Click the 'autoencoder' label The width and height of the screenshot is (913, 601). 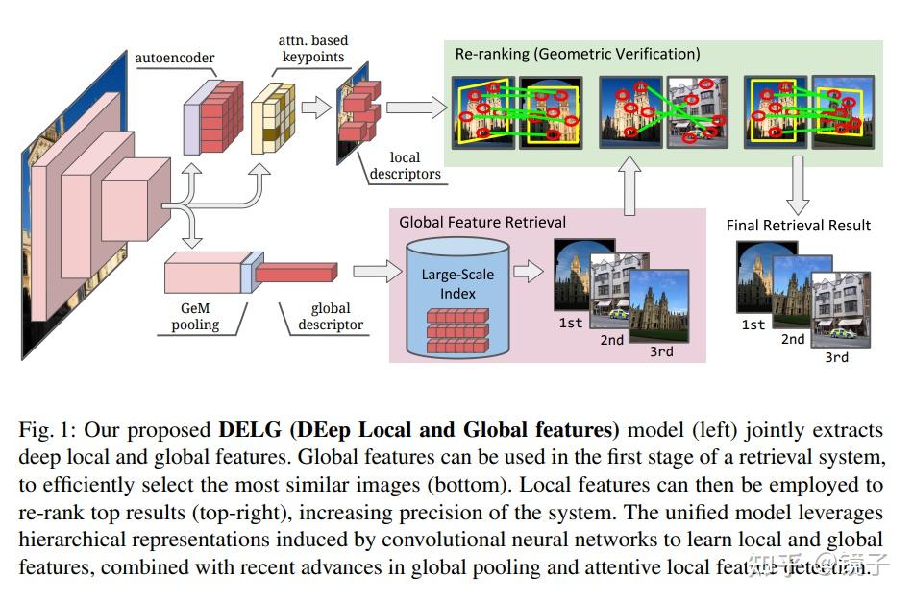[174, 58]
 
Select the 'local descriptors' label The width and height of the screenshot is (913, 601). [404, 165]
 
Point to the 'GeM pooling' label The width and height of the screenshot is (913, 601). [195, 316]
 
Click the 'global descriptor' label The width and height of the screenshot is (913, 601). [330, 316]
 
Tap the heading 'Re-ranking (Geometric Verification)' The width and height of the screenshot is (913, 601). [577, 54]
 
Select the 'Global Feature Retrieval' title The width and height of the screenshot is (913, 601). [482, 222]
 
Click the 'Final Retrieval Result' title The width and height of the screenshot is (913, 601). [798, 225]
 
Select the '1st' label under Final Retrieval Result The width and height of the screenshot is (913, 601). [753, 325]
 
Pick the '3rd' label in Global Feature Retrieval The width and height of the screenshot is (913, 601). [660, 351]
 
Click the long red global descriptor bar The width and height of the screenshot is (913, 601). [305, 273]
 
